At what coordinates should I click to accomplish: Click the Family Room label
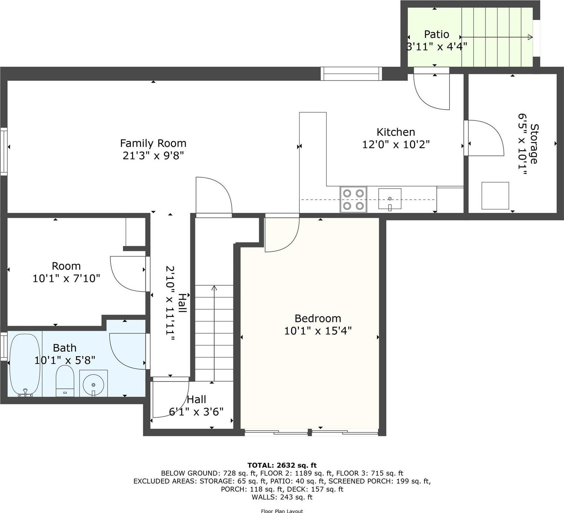click(x=153, y=143)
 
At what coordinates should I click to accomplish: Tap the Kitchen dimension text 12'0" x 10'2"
click(x=396, y=144)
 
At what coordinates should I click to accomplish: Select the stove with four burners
click(x=353, y=200)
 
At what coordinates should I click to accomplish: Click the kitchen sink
click(x=390, y=199)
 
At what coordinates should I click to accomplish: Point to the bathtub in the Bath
click(x=25, y=364)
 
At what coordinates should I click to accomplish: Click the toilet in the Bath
click(x=65, y=381)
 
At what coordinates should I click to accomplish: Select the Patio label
click(x=436, y=34)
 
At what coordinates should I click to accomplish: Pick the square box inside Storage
click(x=495, y=196)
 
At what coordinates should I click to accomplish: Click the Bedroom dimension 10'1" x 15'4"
click(x=318, y=331)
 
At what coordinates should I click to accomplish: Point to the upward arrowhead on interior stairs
click(x=214, y=288)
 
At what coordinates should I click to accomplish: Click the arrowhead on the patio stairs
click(x=530, y=37)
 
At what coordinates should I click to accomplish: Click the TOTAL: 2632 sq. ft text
click(x=282, y=465)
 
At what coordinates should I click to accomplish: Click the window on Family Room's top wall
click(x=351, y=74)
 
